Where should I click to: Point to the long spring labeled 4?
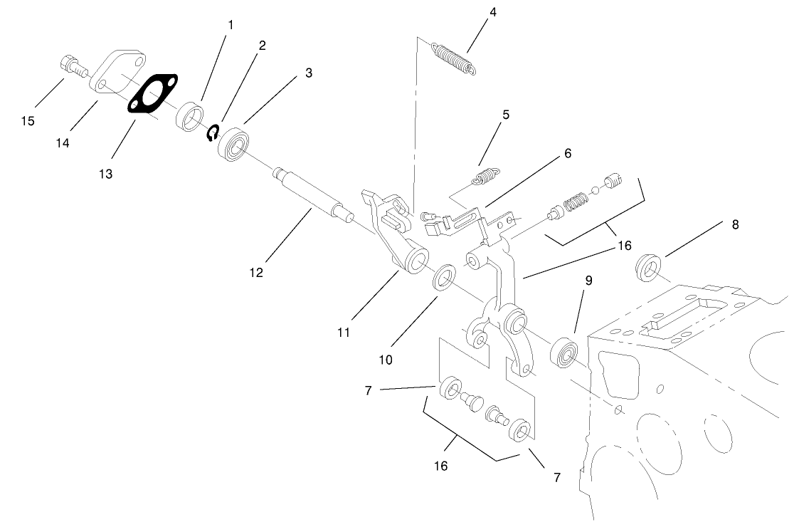pos(454,58)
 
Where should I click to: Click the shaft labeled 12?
pos(311,193)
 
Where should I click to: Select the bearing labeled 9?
pos(567,353)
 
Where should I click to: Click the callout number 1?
pos(231,24)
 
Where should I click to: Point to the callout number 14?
pos(63,143)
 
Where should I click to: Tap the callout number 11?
pos(344,332)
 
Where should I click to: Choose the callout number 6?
pos(567,152)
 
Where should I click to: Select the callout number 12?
pos(256,272)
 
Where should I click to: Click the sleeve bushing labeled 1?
pos(189,116)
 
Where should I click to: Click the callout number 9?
pos(588,281)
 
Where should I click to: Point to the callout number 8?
pos(735,224)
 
